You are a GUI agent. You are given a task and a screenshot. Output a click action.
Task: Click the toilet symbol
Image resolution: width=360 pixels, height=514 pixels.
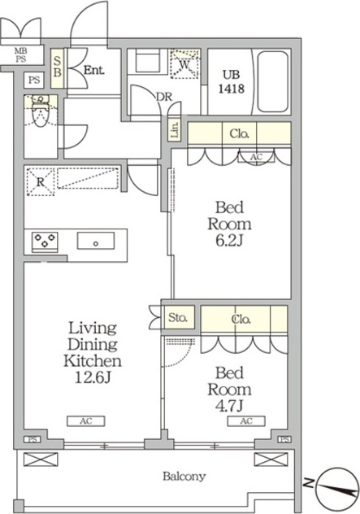[x=41, y=111]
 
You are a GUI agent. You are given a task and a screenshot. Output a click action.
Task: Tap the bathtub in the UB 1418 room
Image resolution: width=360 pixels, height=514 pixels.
[x=273, y=82]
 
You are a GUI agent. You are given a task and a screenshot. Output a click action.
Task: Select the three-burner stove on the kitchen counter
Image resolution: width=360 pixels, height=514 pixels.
[x=45, y=242]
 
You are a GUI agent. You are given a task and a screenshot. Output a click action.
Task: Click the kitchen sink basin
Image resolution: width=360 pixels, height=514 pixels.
[x=96, y=241]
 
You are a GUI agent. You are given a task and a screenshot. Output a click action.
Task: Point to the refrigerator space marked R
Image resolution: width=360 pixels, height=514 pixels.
[x=41, y=182]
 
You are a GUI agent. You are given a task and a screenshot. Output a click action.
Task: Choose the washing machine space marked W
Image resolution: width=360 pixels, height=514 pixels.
[x=184, y=64]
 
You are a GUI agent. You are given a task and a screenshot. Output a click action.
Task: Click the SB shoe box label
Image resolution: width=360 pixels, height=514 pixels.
[x=58, y=67]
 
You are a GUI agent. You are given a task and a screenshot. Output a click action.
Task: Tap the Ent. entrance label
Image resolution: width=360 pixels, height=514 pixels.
[x=94, y=70]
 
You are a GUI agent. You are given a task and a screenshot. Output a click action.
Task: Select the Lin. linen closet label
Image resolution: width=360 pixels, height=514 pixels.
[x=175, y=130]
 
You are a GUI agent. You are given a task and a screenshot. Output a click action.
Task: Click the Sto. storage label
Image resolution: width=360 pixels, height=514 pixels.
[x=178, y=317]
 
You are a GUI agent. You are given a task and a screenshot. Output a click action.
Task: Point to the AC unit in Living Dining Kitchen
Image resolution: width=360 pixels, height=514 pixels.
[x=86, y=421]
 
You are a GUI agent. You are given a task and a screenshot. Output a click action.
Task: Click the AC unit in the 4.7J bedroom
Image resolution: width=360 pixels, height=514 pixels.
[x=246, y=421]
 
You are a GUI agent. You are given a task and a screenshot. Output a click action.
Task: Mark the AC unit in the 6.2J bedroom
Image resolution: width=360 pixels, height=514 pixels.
[x=256, y=157]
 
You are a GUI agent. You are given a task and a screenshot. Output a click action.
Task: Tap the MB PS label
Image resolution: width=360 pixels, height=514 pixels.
[x=21, y=55]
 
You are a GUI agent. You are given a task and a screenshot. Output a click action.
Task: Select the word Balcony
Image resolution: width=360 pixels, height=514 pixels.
[x=184, y=476]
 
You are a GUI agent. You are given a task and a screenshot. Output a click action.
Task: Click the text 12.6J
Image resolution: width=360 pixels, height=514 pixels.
[x=93, y=377]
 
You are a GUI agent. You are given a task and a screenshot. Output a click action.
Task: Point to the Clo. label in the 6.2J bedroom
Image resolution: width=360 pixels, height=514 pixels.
[x=240, y=133]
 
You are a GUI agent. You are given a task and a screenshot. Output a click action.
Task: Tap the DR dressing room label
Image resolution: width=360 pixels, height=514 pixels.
[x=164, y=97]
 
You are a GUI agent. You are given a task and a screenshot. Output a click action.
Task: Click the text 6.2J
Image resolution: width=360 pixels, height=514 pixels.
[x=229, y=241]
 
